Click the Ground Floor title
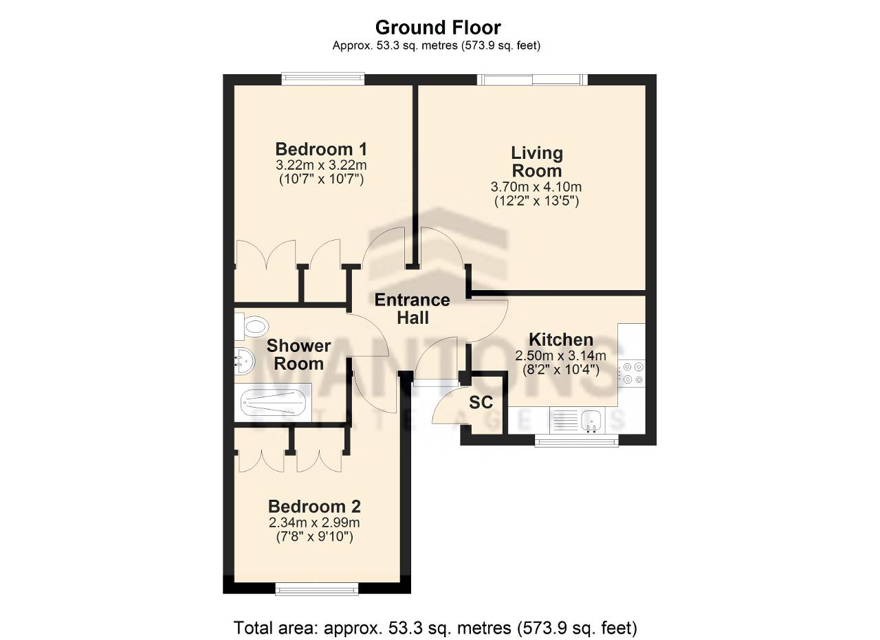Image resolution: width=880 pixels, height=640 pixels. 438,28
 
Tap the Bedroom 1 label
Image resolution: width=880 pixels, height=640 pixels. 321,149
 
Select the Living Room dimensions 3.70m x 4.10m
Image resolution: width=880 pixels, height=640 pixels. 536,186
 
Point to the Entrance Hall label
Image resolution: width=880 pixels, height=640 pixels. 412,309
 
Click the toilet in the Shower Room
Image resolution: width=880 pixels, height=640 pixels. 252,326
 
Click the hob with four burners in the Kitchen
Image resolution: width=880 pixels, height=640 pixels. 632,373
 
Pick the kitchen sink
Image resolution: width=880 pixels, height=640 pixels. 592,420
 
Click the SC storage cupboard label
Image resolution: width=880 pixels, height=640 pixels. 481,402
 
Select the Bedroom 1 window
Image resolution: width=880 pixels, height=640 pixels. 323,79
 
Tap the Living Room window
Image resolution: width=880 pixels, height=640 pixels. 532,79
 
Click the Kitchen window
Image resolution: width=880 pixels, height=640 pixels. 577,441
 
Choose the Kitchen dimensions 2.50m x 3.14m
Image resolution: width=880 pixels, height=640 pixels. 560,356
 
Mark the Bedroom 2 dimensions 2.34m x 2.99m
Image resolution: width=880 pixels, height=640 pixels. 314,522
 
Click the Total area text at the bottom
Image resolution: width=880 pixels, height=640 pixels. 435,628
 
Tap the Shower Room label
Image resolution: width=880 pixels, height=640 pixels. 298,355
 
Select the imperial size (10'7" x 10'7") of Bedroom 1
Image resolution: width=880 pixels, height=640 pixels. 321,179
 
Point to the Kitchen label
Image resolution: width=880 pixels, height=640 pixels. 561,340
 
